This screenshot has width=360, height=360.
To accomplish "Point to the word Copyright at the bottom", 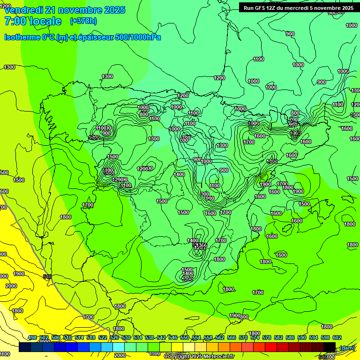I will coord(177,357).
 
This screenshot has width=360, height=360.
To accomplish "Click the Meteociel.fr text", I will coord(217,357).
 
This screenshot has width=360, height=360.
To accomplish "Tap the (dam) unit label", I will coord(347,347).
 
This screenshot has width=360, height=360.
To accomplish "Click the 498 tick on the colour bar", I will coord(32,338).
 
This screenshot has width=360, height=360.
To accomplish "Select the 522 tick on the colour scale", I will coord(103,338).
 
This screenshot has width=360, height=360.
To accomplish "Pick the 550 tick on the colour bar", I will coord(185,338).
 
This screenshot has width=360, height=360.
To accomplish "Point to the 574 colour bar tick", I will coord(255,338).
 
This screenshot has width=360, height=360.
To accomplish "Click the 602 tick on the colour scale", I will coord(337,338).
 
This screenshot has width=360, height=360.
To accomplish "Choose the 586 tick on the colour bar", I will coord(290,338).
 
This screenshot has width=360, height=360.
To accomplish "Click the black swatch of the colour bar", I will coord(330,347).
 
